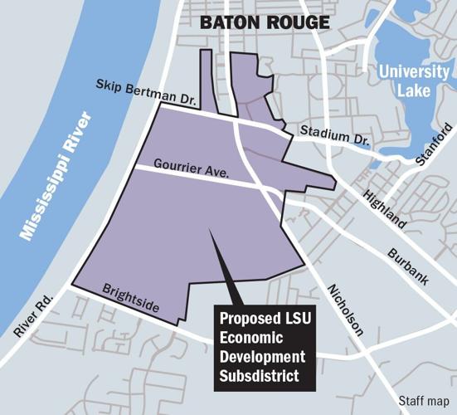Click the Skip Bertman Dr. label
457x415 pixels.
[145, 92]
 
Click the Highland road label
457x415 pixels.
[387, 204]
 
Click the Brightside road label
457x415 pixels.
[130, 296]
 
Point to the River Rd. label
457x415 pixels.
[33, 315]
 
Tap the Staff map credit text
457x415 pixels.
[424, 400]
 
